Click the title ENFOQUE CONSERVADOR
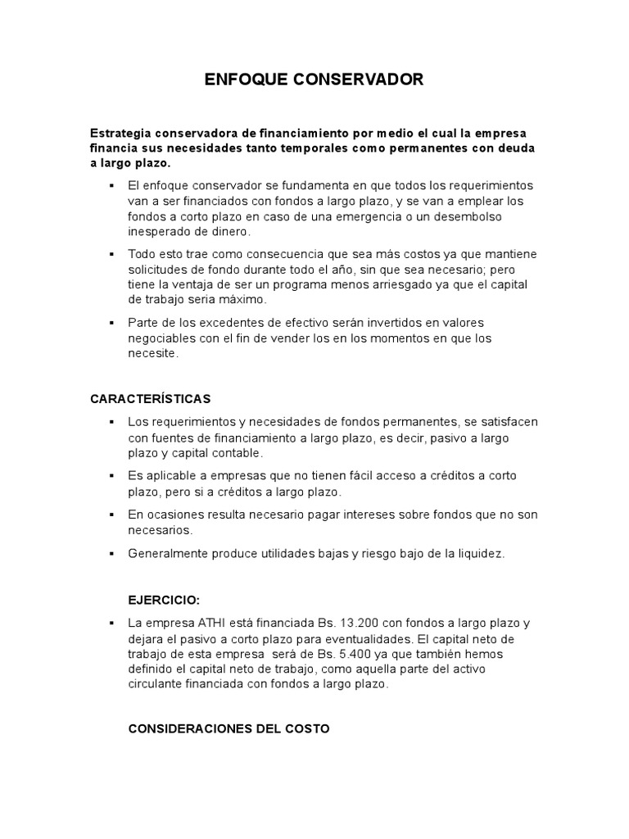tap(314, 79)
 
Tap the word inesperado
tap(159, 232)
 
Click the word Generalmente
tap(166, 553)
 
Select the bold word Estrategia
tap(120, 133)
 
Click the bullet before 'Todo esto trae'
tap(110, 254)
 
